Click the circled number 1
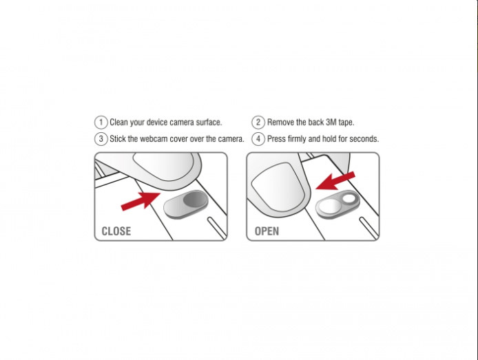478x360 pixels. tap(101, 122)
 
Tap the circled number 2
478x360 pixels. tap(258, 122)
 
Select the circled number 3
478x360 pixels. tap(101, 139)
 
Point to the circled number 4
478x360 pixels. tap(258, 139)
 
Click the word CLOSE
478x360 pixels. tap(116, 231)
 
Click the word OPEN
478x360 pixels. tap(267, 231)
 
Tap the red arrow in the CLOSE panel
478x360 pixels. tap(141, 201)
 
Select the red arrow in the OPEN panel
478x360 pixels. tap(335, 180)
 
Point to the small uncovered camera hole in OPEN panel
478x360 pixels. tap(349, 199)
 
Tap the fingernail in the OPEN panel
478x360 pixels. tap(278, 186)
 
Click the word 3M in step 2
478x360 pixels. tap(331, 122)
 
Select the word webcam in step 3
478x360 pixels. tap(154, 139)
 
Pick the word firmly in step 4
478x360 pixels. tap(297, 139)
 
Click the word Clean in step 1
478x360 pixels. tap(118, 122)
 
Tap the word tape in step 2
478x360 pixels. tap(346, 123)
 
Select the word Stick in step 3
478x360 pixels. tap(118, 139)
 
